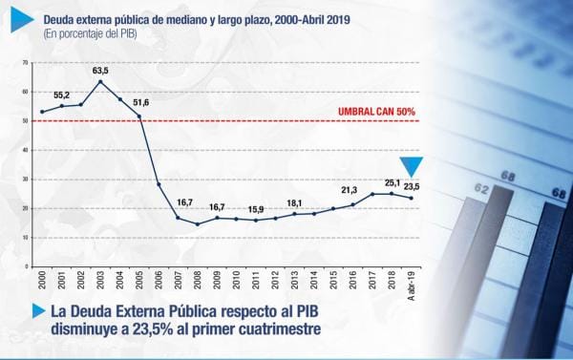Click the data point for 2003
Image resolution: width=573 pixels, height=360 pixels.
[100, 81]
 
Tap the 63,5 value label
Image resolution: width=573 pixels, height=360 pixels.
[100, 71]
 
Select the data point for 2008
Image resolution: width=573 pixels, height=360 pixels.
[198, 224]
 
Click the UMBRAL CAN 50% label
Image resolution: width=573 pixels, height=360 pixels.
[376, 112]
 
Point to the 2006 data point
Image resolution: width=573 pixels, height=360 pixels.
[159, 184]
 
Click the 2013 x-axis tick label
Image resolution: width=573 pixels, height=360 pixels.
[294, 280]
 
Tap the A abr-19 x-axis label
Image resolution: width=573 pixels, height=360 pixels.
[411, 286]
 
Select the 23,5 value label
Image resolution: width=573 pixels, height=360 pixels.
[412, 187]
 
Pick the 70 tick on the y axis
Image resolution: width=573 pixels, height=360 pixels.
[25, 63]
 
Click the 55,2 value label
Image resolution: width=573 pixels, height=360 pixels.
[61, 95]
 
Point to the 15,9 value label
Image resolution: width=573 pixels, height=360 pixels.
[256, 210]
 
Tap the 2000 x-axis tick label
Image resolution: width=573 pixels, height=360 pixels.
[42, 280]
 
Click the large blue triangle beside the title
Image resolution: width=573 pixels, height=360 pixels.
[22, 20]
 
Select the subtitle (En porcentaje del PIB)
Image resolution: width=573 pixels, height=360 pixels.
[91, 34]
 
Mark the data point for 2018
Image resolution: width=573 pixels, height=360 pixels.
[392, 194]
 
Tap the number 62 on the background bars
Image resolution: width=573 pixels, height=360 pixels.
[481, 188]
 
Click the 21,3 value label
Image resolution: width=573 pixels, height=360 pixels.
[350, 190]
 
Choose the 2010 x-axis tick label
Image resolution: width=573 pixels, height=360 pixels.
[236, 280]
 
